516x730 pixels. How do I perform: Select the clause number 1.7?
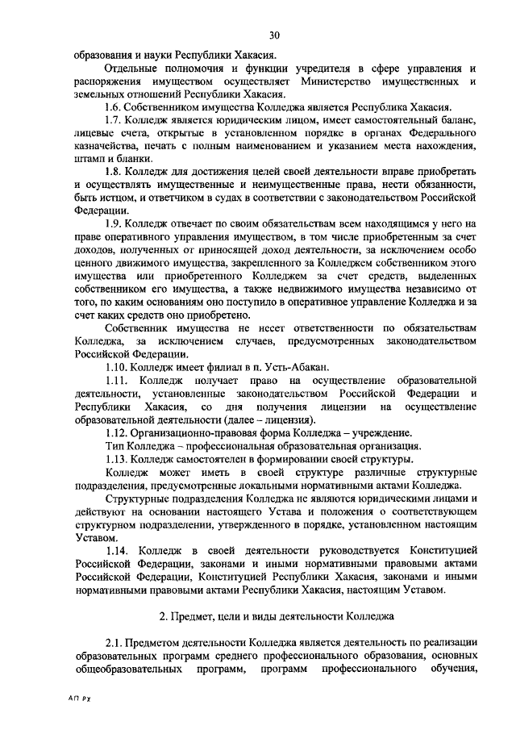coord(115,121)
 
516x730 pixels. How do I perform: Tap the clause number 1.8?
coord(115,172)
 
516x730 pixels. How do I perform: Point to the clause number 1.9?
coord(115,223)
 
